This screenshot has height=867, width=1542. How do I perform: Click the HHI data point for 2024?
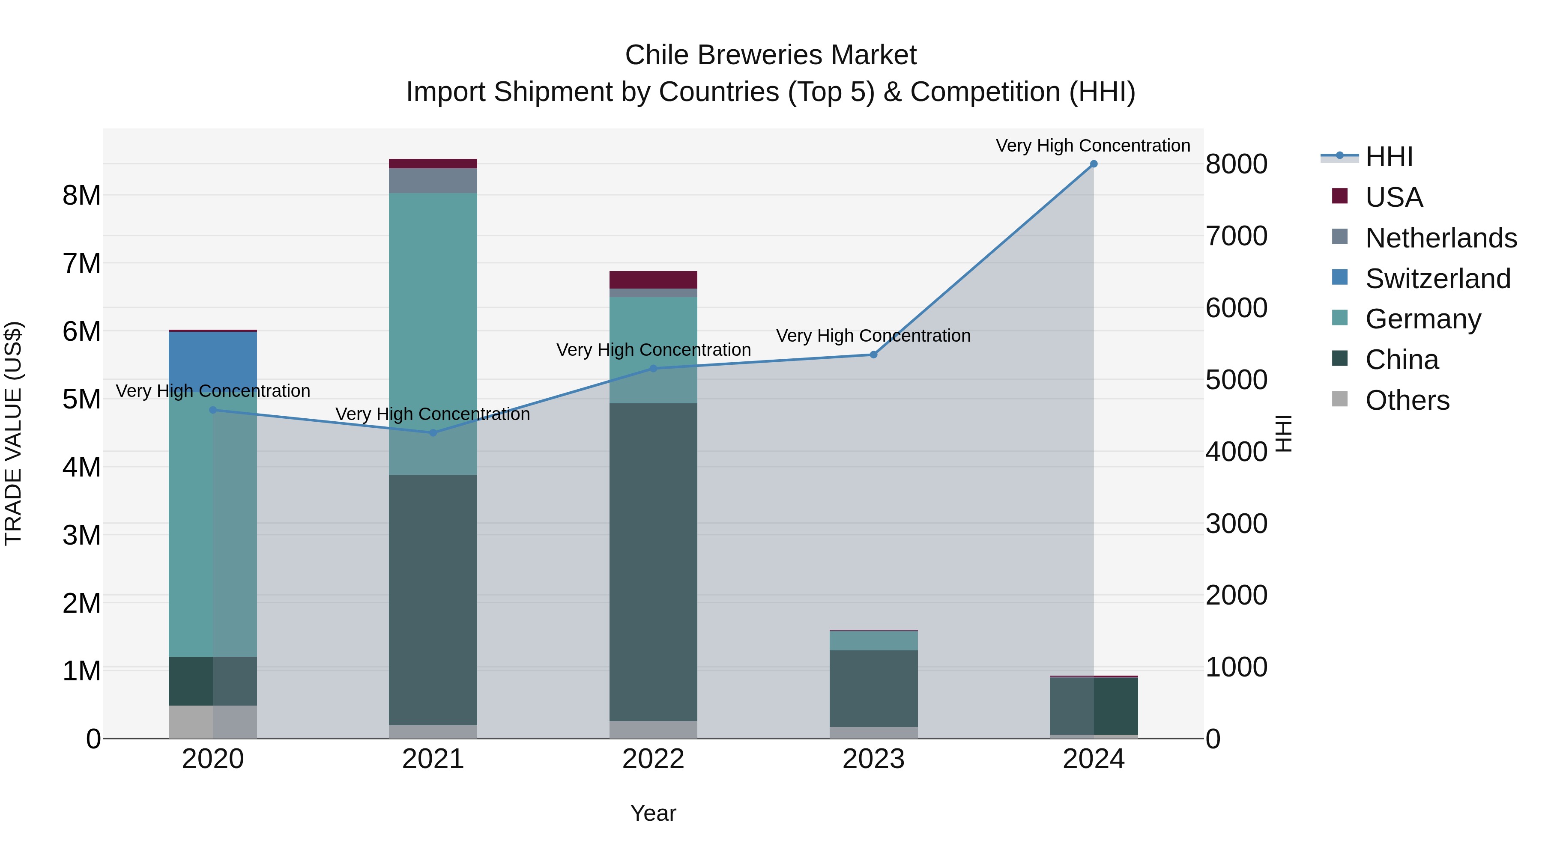1093,164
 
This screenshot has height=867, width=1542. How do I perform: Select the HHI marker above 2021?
433,432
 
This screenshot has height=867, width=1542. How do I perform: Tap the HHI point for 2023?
873,355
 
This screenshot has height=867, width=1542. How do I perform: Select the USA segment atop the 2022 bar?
653,280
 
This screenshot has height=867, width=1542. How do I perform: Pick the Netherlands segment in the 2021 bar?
433,180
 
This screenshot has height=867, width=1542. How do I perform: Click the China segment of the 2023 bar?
873,688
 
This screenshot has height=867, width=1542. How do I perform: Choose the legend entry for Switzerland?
1437,279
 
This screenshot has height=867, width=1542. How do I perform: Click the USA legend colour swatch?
1340,196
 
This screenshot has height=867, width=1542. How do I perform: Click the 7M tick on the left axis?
81,263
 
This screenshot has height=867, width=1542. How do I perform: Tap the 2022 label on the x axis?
653,759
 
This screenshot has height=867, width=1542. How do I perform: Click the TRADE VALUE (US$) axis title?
13,433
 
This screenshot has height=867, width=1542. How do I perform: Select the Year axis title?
653,813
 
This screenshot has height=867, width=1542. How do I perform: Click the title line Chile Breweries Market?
771,55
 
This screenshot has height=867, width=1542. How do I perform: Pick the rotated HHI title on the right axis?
1283,433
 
